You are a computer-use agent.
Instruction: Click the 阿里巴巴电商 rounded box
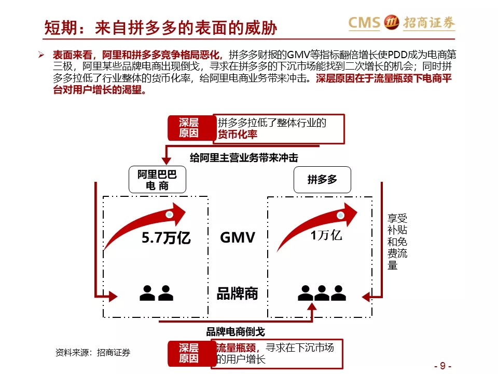[x=157, y=179]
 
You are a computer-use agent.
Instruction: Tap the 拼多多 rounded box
[x=322, y=180]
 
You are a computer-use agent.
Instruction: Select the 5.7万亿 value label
[x=166, y=238]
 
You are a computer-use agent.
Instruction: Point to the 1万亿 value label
[x=326, y=235]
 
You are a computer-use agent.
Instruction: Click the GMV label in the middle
[x=238, y=237]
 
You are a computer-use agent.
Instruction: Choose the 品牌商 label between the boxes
[x=237, y=293]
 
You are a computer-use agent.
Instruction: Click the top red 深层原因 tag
[x=189, y=128]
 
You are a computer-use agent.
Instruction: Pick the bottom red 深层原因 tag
[x=189, y=353]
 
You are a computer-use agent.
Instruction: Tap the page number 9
[x=442, y=366]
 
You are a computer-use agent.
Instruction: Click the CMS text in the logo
[x=364, y=22]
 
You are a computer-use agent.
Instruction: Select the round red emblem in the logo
[x=391, y=22]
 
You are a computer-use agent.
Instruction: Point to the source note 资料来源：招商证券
[x=93, y=352]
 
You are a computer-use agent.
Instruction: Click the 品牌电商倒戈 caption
[x=236, y=332]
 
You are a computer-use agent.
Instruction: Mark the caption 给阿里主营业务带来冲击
[x=244, y=157]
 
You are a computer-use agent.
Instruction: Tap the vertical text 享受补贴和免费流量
[x=397, y=242]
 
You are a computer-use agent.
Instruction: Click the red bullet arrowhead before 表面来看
[x=41, y=55]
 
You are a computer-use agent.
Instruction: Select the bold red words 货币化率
[x=237, y=135]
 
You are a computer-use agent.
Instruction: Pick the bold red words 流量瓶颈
[x=236, y=348]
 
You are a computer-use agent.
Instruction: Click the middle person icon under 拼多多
[x=322, y=293]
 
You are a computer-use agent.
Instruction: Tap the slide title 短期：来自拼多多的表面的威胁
[x=160, y=28]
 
